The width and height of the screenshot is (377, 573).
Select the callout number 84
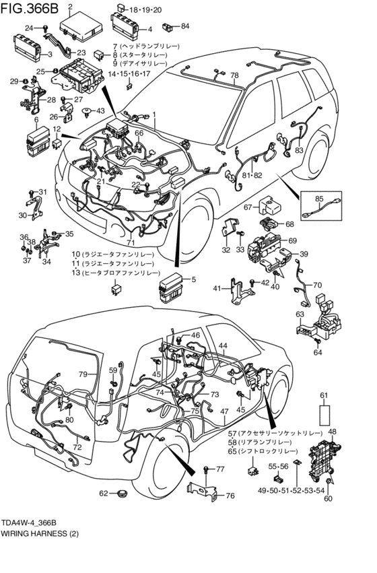pyautogui.click(x=185, y=26)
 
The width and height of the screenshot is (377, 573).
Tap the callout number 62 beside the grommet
pyautogui.click(x=104, y=494)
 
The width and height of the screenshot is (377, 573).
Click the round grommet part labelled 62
pyautogui.click(x=122, y=494)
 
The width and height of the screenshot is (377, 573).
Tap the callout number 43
pyautogui.click(x=100, y=110)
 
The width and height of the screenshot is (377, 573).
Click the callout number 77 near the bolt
pyautogui.click(x=219, y=469)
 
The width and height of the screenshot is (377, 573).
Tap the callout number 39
pyautogui.click(x=304, y=254)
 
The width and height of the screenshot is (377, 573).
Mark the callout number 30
pyautogui.click(x=23, y=215)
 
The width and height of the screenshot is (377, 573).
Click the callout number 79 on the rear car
pyautogui.click(x=83, y=374)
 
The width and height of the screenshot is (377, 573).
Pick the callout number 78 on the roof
pyautogui.click(x=234, y=75)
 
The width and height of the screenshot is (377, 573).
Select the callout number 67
pyautogui.click(x=248, y=207)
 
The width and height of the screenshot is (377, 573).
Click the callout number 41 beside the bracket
pyautogui.click(x=217, y=288)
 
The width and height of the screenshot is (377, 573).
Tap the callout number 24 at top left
pyautogui.click(x=29, y=28)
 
